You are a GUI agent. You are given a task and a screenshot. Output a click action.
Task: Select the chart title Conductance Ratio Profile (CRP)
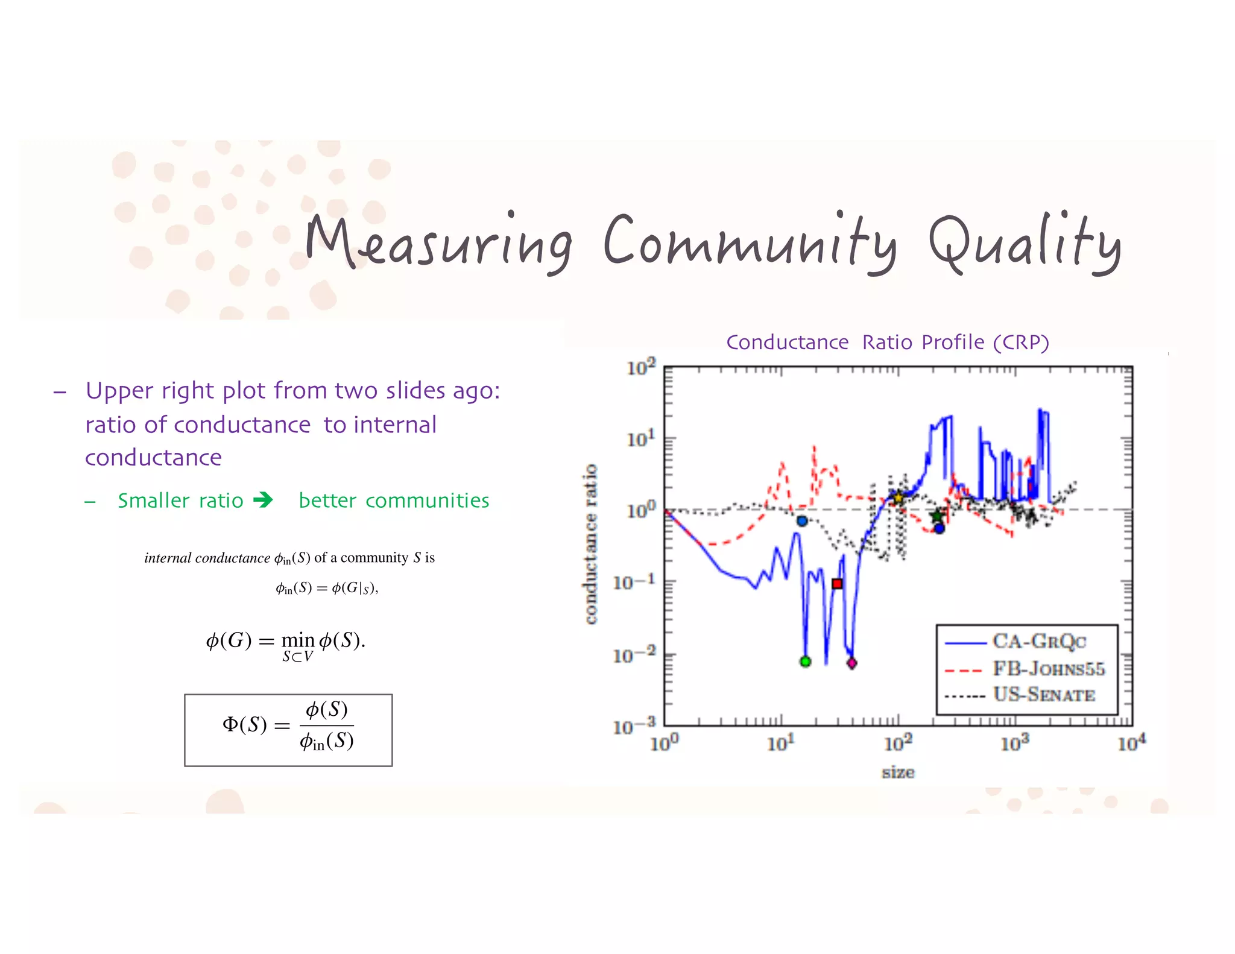point(887,342)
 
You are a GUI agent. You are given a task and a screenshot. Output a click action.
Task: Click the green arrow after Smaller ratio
point(263,500)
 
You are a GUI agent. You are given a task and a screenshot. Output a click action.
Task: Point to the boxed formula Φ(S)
point(288,730)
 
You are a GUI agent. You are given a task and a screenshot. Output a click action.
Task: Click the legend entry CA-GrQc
point(1038,641)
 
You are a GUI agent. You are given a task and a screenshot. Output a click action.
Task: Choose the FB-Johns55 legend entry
point(1048,669)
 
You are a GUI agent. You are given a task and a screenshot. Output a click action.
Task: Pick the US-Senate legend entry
point(1043,695)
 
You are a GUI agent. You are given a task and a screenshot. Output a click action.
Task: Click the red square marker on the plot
point(837,583)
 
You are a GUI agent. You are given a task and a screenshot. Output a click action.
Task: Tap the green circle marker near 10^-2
point(805,662)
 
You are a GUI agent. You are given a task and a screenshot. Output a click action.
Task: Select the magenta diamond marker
point(851,663)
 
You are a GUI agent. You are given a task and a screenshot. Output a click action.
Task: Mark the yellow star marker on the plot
point(898,498)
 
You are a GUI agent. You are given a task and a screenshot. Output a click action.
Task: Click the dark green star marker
point(936,516)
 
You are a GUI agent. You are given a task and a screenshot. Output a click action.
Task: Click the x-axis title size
point(898,772)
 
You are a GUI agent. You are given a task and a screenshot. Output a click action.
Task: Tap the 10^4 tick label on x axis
point(1131,743)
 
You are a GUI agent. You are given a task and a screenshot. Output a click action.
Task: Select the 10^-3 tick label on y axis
point(634,726)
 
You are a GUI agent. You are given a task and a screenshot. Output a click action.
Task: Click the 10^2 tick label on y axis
point(640,367)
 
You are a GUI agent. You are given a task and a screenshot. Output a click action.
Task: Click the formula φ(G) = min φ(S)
point(286,643)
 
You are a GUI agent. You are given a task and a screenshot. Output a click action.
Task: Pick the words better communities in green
point(394,501)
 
